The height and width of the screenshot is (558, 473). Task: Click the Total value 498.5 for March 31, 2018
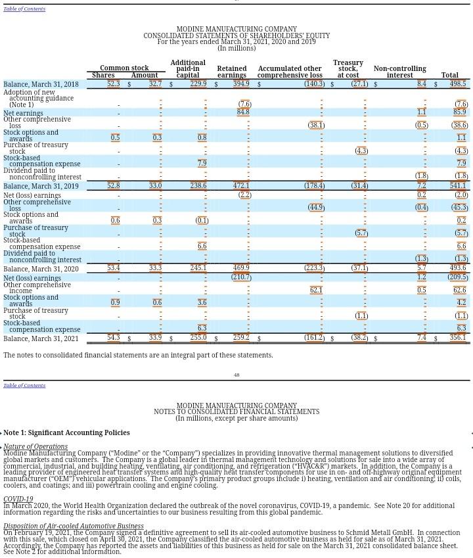coord(458,84)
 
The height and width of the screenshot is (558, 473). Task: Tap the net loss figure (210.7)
coord(241,277)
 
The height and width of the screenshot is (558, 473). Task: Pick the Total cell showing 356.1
coord(458,338)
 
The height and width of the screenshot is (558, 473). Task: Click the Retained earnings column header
coord(232,72)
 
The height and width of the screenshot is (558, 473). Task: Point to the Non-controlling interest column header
coord(399,72)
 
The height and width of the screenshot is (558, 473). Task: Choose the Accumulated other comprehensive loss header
coord(290,72)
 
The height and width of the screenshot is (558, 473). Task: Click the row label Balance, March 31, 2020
coord(41,269)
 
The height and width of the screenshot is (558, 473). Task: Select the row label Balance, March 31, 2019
coord(41,186)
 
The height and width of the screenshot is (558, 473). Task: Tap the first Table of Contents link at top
coord(24,9)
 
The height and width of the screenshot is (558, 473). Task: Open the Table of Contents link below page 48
coord(24,385)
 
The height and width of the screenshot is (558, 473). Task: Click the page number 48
coord(236,375)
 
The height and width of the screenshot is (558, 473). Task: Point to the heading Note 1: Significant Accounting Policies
coord(66,432)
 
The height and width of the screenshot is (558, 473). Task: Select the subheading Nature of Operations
coord(35,446)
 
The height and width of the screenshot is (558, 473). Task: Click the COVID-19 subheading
coord(18,500)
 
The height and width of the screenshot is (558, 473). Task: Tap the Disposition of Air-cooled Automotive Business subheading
coord(73,526)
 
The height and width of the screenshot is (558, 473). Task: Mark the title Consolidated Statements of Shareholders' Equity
coord(236,35)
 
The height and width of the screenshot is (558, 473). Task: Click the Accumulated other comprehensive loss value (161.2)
coord(314,338)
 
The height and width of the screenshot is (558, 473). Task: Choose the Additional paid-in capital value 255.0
coord(198,338)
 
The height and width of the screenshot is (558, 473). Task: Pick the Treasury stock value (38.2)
coord(359,338)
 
